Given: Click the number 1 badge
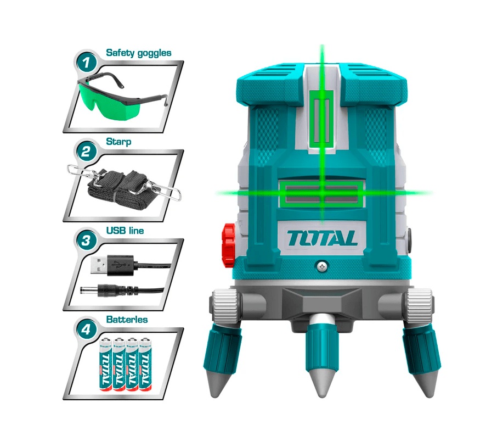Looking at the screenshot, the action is pyautogui.click(x=86, y=62).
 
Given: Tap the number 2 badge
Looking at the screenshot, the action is pyautogui.click(x=86, y=151).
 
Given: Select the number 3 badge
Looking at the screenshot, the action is pyautogui.click(x=86, y=240).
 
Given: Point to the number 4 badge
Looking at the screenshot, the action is pyautogui.click(x=86, y=329).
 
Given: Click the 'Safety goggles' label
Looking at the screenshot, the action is pyautogui.click(x=139, y=53).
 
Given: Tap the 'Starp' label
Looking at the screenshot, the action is pyautogui.click(x=118, y=142).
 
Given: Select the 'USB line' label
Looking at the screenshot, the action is pyautogui.click(x=125, y=231).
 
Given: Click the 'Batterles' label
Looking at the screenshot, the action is pyautogui.click(x=127, y=320).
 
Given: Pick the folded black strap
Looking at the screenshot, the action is pyautogui.click(x=117, y=187).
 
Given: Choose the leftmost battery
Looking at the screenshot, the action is pyautogui.click(x=105, y=364).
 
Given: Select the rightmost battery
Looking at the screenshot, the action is pyautogui.click(x=145, y=364).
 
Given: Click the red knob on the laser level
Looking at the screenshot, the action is pyautogui.click(x=228, y=245).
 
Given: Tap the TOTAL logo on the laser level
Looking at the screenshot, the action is pyautogui.click(x=322, y=238).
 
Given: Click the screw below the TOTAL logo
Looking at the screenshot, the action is pyautogui.click(x=322, y=266).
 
